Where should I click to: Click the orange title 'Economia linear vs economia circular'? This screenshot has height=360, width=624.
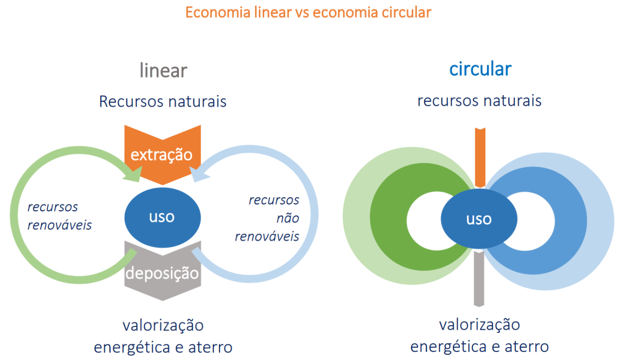pyautogui.click(x=308, y=12)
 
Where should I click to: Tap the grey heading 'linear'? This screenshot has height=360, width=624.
pyautogui.click(x=163, y=70)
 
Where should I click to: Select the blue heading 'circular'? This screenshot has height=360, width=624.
pyautogui.click(x=480, y=69)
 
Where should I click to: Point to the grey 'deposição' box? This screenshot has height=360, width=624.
pyautogui.click(x=162, y=273)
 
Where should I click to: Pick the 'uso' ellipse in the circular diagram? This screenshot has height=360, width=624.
pyautogui.click(x=479, y=219)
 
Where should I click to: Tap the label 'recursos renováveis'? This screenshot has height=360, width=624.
pyautogui.click(x=59, y=215)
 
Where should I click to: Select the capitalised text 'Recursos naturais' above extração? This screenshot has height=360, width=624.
pyautogui.click(x=163, y=101)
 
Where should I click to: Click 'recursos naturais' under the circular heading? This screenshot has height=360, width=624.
pyautogui.click(x=479, y=100)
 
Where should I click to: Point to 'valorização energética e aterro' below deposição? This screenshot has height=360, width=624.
pyautogui.click(x=163, y=336)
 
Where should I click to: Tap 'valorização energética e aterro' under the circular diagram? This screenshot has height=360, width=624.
pyautogui.click(x=479, y=335)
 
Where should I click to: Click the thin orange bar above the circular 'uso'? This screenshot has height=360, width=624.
pyautogui.click(x=479, y=156)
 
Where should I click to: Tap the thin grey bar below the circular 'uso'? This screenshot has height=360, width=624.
pyautogui.click(x=479, y=279)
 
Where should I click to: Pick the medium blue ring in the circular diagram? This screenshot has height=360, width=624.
pyautogui.click(x=570, y=220)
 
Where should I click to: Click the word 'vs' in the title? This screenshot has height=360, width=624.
pyautogui.click(x=302, y=12)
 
